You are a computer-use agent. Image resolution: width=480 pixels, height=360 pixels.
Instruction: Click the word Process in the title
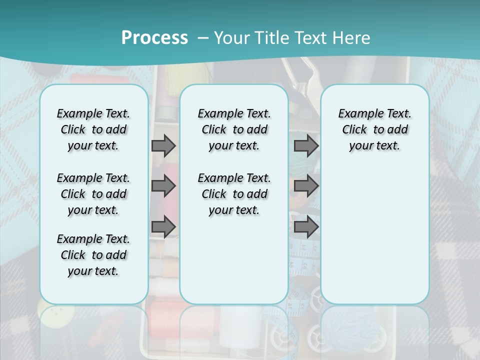coord(154,37)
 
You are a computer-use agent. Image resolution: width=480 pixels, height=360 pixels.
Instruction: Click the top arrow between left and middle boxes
coord(163,145)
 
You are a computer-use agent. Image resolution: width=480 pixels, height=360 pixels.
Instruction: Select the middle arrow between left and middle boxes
coord(163,186)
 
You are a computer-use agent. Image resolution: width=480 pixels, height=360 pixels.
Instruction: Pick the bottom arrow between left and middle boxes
coord(163,227)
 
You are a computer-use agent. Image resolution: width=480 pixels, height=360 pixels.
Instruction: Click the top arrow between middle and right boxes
coord(306,145)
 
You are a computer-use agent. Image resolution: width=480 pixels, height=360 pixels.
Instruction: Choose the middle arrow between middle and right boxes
coord(306,186)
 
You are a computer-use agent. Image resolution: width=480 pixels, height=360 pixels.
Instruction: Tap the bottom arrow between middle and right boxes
coord(306,227)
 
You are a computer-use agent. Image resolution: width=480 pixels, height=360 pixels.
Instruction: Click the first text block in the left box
coord(93,129)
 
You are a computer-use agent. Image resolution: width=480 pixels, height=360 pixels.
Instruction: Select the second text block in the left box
coord(93,194)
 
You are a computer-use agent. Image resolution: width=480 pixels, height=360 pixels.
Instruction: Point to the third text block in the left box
coord(93,255)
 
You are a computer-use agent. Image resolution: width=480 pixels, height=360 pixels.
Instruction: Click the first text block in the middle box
coord(234,129)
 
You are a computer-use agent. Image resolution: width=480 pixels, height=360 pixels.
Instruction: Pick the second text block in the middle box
coord(234,194)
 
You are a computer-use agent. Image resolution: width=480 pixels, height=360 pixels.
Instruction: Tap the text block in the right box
coord(374,129)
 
